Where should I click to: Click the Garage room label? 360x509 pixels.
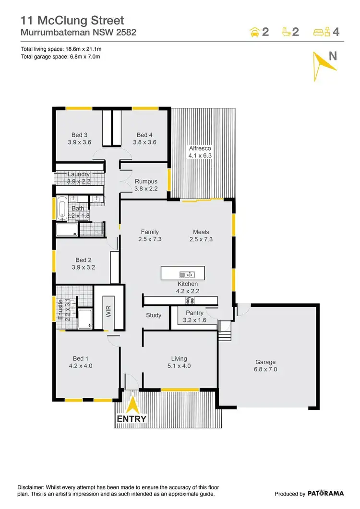(265, 362)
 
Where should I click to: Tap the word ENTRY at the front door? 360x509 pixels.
(132, 419)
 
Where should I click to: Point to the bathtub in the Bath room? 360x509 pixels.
(62, 208)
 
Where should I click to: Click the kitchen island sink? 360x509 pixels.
(187, 274)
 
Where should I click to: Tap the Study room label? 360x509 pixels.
(154, 315)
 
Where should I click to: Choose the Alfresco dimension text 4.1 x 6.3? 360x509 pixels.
(200, 155)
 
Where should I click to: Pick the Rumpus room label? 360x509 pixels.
(146, 181)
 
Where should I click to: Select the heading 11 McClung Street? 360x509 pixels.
(72, 20)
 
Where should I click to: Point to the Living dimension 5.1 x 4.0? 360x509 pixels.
(179, 366)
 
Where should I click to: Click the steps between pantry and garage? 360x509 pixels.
(225, 331)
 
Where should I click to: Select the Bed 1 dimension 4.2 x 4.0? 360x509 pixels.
(80, 366)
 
